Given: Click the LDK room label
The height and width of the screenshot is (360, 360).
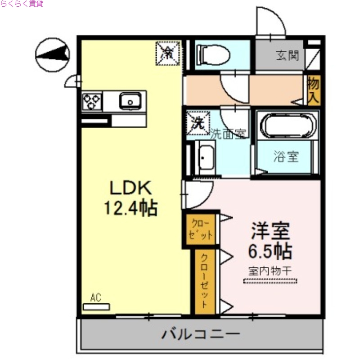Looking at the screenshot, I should [x=130, y=188].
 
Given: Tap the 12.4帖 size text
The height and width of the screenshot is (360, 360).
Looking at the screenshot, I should [x=130, y=208].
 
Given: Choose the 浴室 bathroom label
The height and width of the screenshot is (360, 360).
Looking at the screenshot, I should [x=286, y=157].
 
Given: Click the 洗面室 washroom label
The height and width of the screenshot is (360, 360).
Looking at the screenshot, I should [x=229, y=134].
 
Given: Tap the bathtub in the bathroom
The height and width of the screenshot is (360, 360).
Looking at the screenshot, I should [x=287, y=126].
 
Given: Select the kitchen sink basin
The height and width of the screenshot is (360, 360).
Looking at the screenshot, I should [x=130, y=101].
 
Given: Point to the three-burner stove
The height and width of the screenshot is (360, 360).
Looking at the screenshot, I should [x=92, y=102].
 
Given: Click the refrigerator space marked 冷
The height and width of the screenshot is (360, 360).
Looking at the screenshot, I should [x=167, y=54].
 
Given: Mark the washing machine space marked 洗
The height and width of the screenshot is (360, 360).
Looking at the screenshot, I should [x=197, y=123].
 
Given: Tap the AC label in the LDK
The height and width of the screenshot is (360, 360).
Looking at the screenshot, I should [x=95, y=297].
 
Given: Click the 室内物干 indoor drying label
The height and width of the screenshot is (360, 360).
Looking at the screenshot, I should [x=270, y=271].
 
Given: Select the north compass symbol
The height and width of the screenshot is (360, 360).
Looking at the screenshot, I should [x=53, y=54].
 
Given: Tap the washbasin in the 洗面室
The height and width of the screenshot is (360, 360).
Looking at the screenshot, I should [x=206, y=157].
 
